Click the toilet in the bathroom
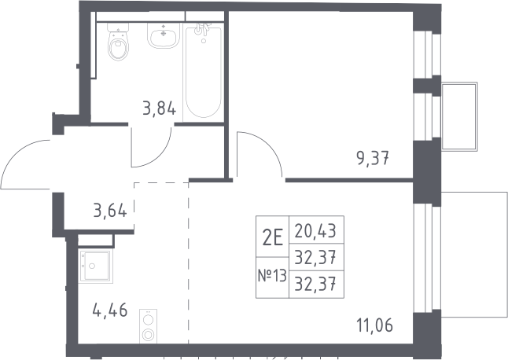[x=118, y=42]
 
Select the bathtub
[x=204, y=72]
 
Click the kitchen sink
[x=95, y=266]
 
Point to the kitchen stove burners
[x=149, y=326]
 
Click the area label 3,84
[x=160, y=108]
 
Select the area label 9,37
[x=373, y=158]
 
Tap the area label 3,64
[x=110, y=211]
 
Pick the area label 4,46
[x=110, y=310]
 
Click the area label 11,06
[x=375, y=325]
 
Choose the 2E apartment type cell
[x=272, y=237]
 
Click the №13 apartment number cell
[x=272, y=277]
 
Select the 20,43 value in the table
[x=315, y=231]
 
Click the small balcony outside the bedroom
[x=459, y=116]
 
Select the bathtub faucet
[x=202, y=29]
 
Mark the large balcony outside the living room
[x=474, y=255]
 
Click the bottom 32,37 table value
[x=315, y=285]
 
